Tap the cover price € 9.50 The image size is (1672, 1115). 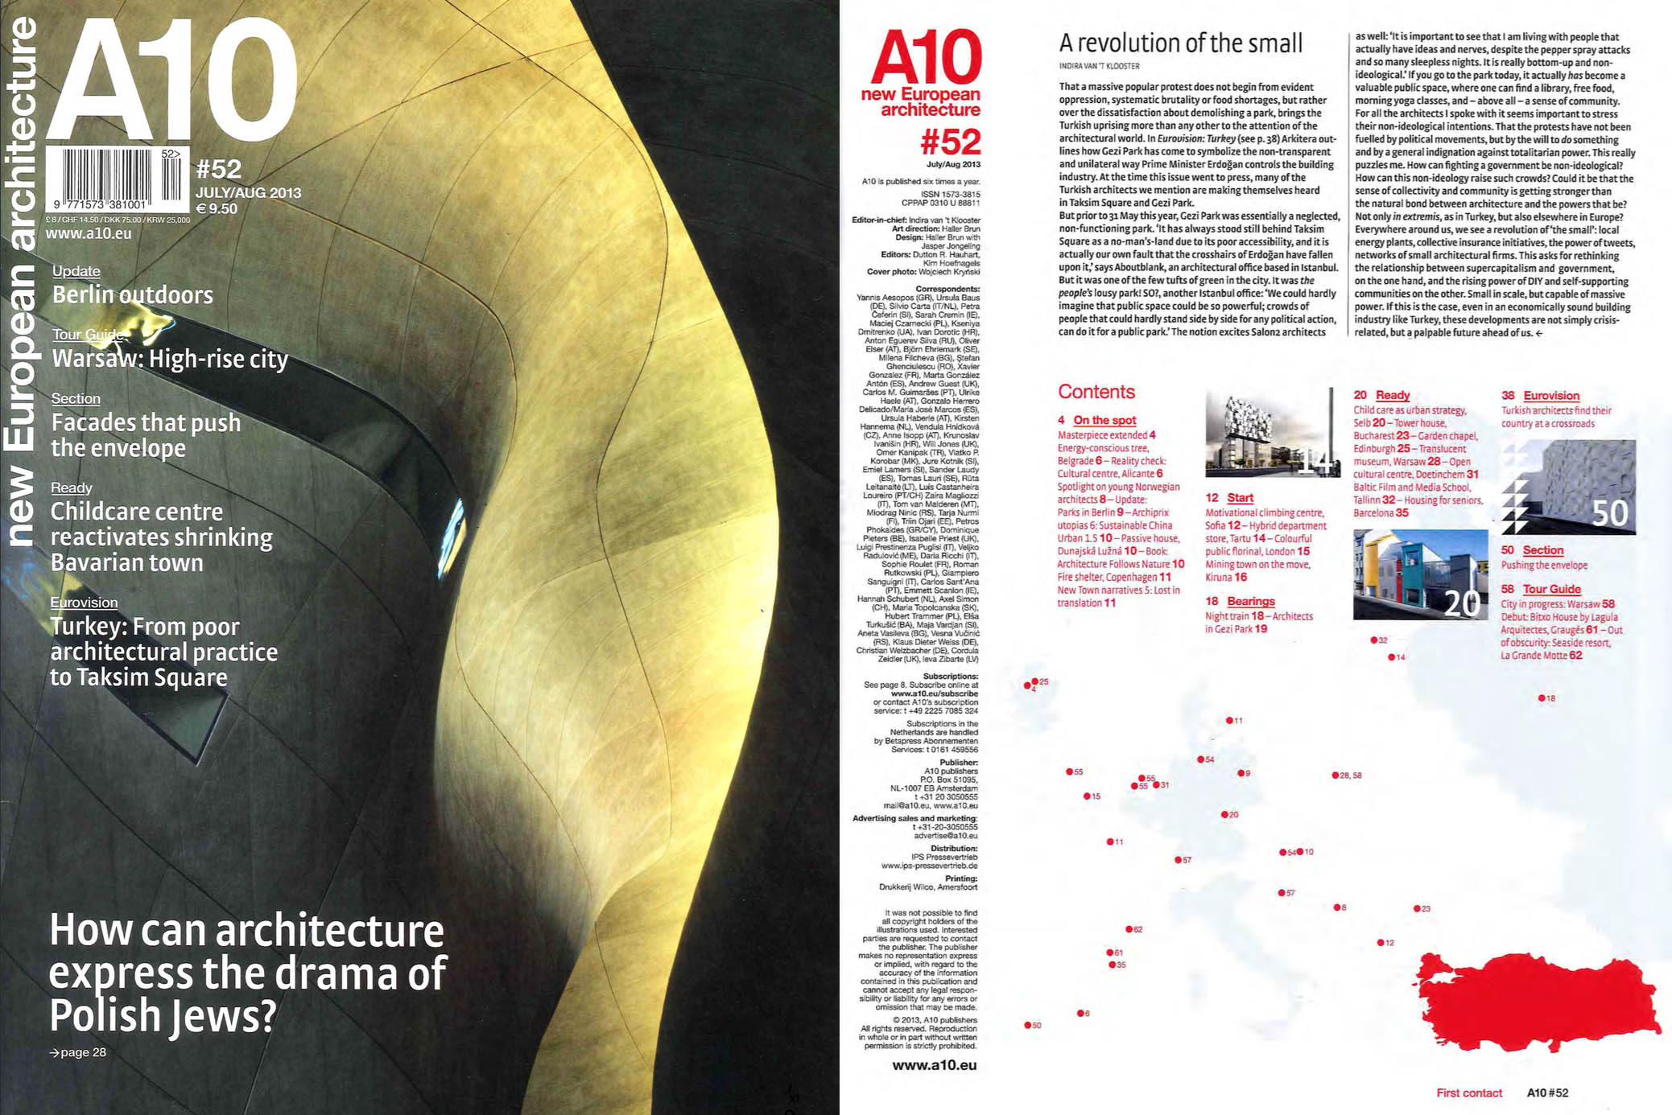pyautogui.click(x=217, y=209)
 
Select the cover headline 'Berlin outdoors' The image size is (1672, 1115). pyautogui.click(x=133, y=294)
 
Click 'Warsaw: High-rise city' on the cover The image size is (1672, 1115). pyautogui.click(x=170, y=359)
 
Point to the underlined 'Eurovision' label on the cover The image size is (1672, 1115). pyautogui.click(x=84, y=603)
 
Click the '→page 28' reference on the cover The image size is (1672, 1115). pyautogui.click(x=78, y=1052)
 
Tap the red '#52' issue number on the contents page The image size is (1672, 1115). pyautogui.click(x=951, y=143)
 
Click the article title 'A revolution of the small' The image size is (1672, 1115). pyautogui.click(x=1180, y=43)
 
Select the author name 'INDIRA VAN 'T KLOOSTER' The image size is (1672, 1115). pyautogui.click(x=1099, y=66)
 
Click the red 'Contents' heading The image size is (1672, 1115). pyautogui.click(x=1096, y=392)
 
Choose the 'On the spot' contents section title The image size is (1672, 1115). pyautogui.click(x=1104, y=420)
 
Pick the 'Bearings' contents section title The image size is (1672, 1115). pyautogui.click(x=1251, y=601)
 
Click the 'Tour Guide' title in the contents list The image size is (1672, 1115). pyautogui.click(x=1551, y=589)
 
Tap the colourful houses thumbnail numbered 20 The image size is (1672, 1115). pyautogui.click(x=1420, y=574)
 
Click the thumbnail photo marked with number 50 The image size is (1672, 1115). pyautogui.click(x=1568, y=488)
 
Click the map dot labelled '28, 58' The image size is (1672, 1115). pyautogui.click(x=1336, y=776)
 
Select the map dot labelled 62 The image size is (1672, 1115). pyautogui.click(x=1129, y=929)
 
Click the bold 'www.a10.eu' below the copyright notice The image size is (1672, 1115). pyautogui.click(x=935, y=1065)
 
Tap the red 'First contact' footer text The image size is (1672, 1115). pyautogui.click(x=1469, y=1092)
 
